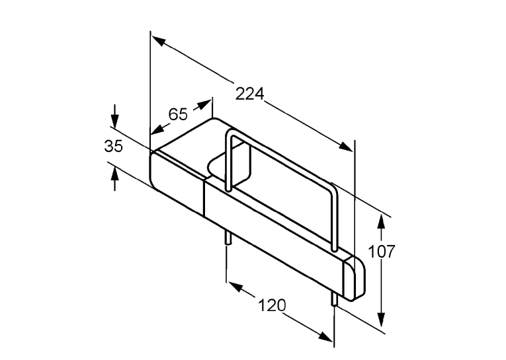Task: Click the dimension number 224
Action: coord(249,94)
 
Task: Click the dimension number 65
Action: coord(178,114)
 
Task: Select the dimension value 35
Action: coord(113,146)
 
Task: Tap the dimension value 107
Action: coord(382,252)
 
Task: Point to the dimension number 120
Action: coord(272,305)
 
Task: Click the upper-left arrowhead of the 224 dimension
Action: coord(159,41)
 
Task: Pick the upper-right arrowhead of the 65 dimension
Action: coord(204,105)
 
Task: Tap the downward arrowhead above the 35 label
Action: coord(114,120)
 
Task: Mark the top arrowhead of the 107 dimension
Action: coord(382,222)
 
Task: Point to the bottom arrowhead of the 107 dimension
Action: coord(382,320)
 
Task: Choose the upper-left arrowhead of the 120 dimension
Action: coord(235,287)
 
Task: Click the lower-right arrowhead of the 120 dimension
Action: coord(325,336)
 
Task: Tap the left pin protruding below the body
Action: coord(228,238)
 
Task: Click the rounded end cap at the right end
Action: coord(355,279)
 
